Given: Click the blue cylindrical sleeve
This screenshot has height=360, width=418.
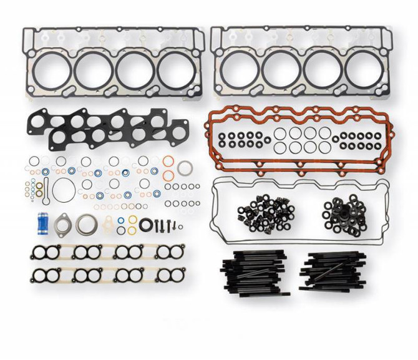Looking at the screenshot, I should click(43, 221).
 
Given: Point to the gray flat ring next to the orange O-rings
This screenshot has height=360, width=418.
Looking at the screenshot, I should click(185, 168).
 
